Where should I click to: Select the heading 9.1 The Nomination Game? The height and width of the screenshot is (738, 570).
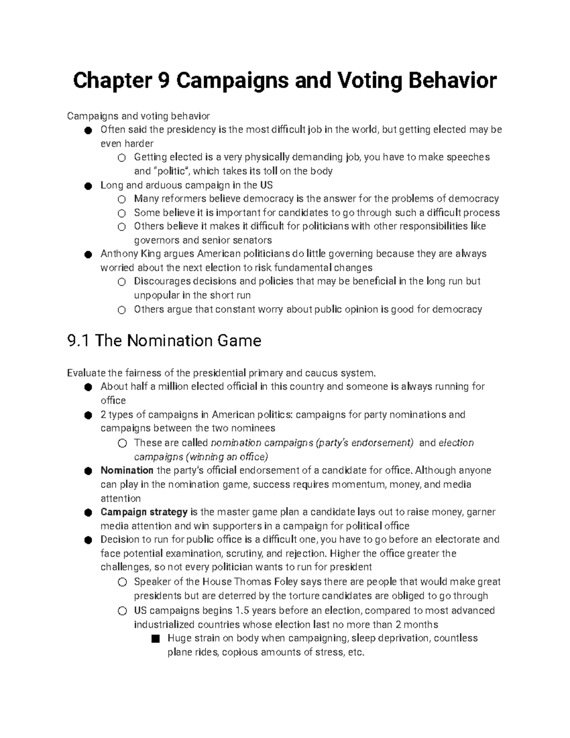click(164, 341)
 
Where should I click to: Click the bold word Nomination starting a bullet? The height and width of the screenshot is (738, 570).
click(127, 470)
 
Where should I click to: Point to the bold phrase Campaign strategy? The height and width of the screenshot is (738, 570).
click(144, 512)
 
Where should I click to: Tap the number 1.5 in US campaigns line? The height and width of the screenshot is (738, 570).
click(242, 611)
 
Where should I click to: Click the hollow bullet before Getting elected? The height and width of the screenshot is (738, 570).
click(122, 158)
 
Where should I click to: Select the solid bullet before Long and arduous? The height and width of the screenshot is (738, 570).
click(88, 186)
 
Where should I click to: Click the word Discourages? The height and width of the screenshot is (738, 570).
click(162, 281)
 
